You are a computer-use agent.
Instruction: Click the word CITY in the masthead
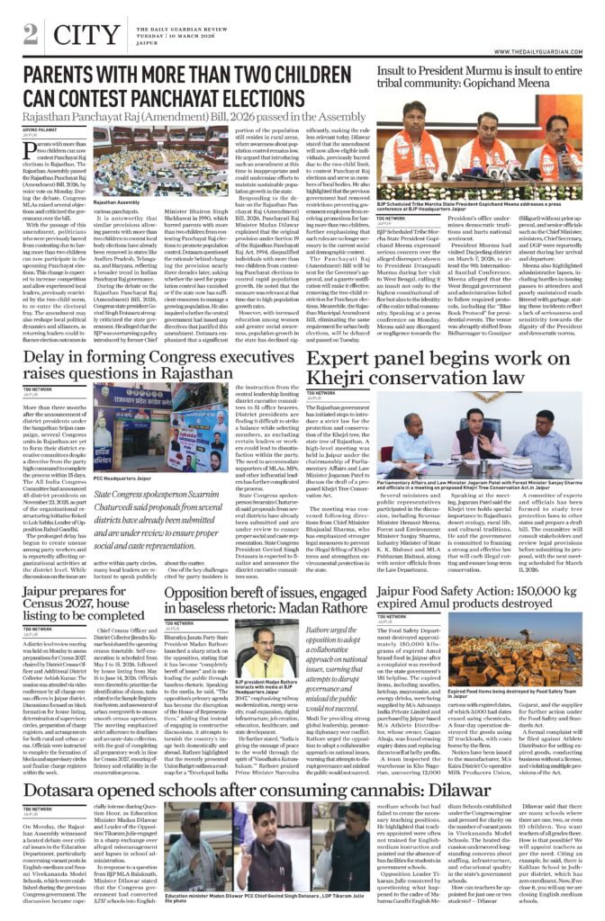click(86, 35)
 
